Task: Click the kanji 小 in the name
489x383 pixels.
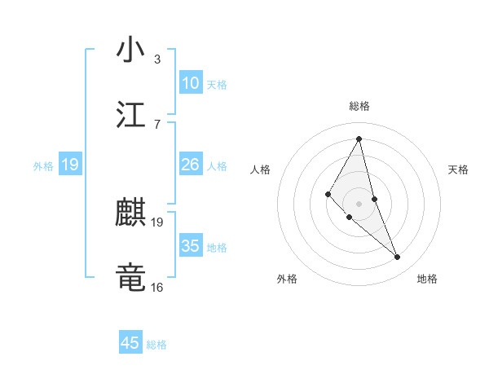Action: point(130,50)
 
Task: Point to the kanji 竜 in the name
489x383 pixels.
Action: point(130,277)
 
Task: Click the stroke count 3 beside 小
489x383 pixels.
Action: point(157,59)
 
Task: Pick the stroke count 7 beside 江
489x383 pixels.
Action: point(157,123)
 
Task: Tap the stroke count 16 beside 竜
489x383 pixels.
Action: point(157,287)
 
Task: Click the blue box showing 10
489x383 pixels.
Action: point(191,83)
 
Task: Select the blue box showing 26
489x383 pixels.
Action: point(191,165)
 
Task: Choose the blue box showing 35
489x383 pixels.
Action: point(191,246)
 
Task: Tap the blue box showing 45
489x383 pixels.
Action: point(130,343)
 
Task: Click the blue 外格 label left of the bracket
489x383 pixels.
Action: point(43,165)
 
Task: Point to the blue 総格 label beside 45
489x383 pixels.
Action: point(156,345)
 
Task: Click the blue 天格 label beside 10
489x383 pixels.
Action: point(217,85)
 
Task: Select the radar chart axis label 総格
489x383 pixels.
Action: point(359,106)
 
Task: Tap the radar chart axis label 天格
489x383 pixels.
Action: point(458,169)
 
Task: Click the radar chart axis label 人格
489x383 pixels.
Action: point(261,169)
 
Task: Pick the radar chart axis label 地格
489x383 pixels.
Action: point(427,279)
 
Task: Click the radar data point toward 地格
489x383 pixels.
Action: point(398,258)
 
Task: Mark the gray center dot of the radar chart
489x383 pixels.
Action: point(359,204)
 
